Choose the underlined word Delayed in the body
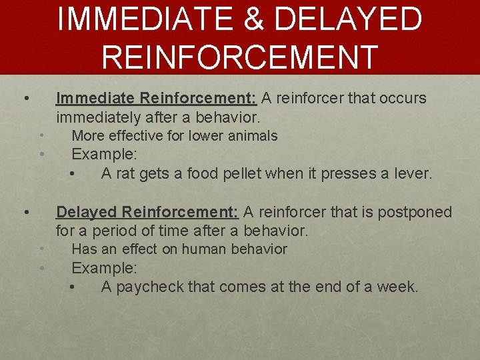(x=87, y=212)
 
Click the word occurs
(x=403, y=98)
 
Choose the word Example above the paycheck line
(x=104, y=268)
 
